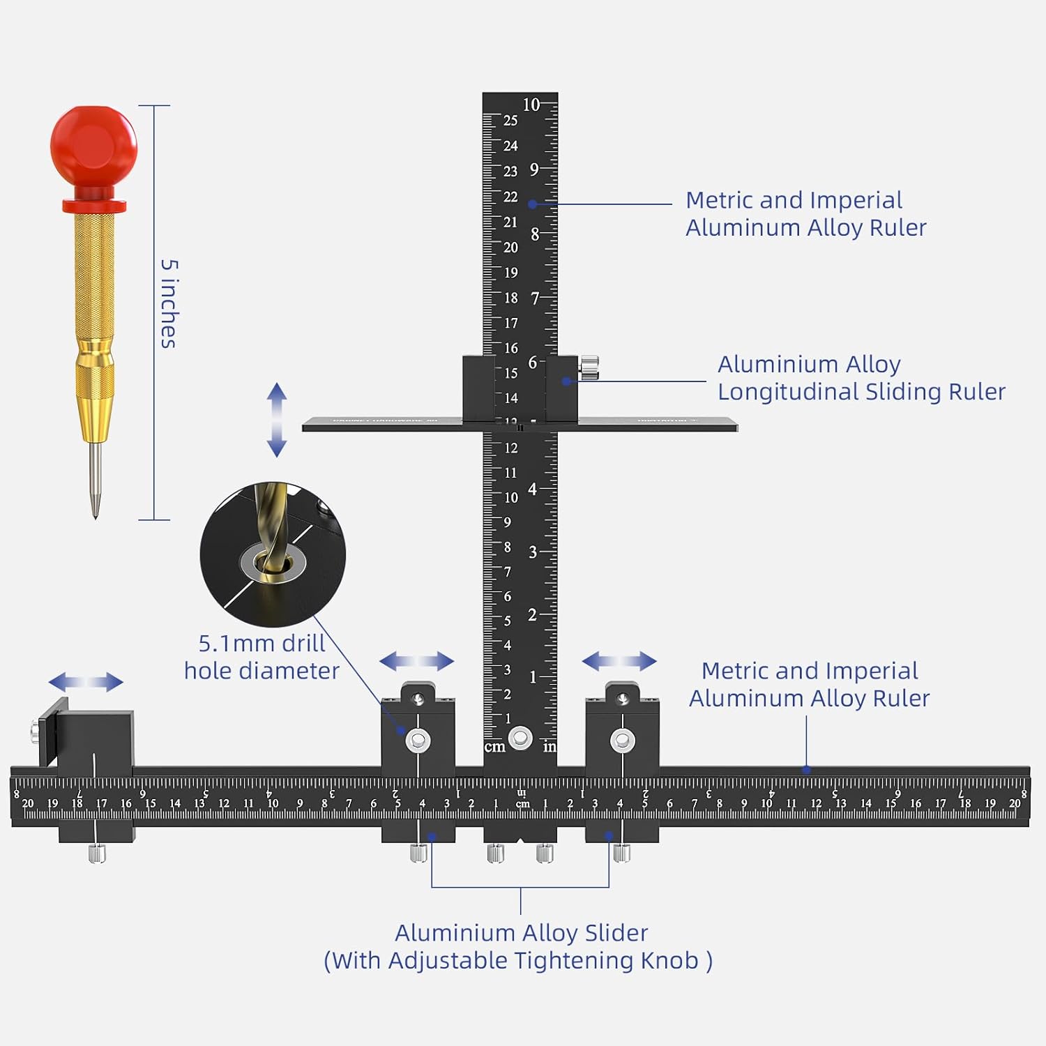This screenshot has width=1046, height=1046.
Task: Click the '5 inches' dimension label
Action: [169, 303]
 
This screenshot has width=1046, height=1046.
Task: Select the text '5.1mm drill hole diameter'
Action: [261, 657]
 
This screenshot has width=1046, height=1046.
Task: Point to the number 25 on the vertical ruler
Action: [510, 121]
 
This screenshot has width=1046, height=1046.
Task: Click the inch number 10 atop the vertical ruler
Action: [531, 105]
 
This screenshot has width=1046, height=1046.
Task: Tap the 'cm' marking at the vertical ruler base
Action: [494, 747]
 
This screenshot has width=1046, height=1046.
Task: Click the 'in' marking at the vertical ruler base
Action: [549, 747]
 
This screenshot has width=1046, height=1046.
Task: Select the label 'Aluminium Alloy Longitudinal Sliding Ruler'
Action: [861, 378]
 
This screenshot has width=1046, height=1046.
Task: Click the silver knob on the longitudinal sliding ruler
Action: [589, 367]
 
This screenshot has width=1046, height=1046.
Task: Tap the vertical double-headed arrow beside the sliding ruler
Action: [277, 420]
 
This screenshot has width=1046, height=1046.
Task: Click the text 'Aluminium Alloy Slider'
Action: [521, 932]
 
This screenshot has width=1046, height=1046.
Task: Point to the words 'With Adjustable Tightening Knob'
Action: [518, 961]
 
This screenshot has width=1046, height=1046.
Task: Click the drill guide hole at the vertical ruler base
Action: [520, 738]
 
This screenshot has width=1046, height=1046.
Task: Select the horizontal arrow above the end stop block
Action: [86, 682]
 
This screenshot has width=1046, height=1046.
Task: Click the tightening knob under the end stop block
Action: [97, 853]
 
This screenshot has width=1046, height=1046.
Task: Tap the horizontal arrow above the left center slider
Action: [416, 661]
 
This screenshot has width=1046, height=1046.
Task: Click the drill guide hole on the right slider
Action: [622, 741]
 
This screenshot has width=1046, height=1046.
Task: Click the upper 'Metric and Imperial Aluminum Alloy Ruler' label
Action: [805, 214]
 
